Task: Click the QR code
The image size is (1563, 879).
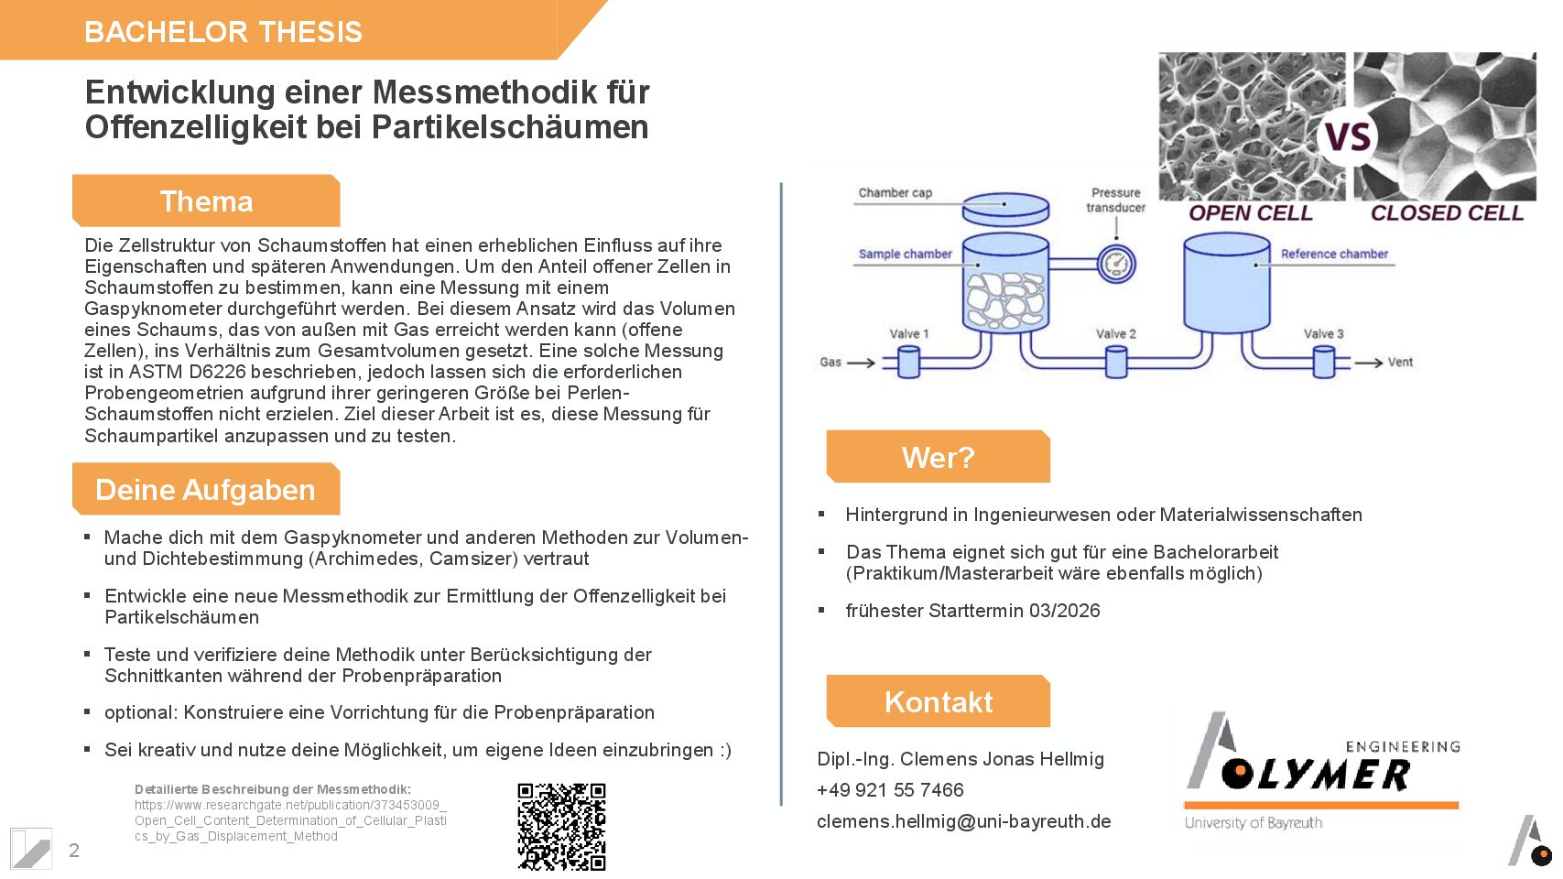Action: (x=561, y=826)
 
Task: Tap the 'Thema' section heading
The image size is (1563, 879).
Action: (x=206, y=201)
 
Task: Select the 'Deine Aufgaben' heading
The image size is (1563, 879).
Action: (x=205, y=490)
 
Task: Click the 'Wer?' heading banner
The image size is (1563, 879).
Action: (x=938, y=457)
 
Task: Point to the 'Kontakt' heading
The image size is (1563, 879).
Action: (x=938, y=702)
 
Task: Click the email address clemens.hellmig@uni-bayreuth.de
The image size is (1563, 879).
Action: (x=963, y=821)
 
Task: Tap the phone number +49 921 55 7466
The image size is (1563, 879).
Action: (x=890, y=790)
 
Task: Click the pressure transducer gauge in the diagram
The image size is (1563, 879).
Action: (x=1115, y=265)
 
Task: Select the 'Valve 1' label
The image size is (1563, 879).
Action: (x=908, y=334)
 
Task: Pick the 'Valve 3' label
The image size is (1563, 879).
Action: (x=1323, y=334)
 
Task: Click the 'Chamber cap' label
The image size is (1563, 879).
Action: (x=895, y=193)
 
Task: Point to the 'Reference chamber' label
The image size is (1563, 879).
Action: (x=1333, y=255)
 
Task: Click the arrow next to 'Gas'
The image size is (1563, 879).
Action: (x=861, y=364)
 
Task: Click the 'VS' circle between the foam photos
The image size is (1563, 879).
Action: (x=1348, y=138)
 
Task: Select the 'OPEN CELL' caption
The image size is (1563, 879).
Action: (x=1250, y=213)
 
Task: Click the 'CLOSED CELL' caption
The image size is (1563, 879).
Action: (x=1446, y=213)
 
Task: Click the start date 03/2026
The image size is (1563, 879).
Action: (x=1064, y=611)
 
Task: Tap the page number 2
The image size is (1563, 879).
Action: (x=74, y=851)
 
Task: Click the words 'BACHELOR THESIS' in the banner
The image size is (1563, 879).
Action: (x=223, y=32)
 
